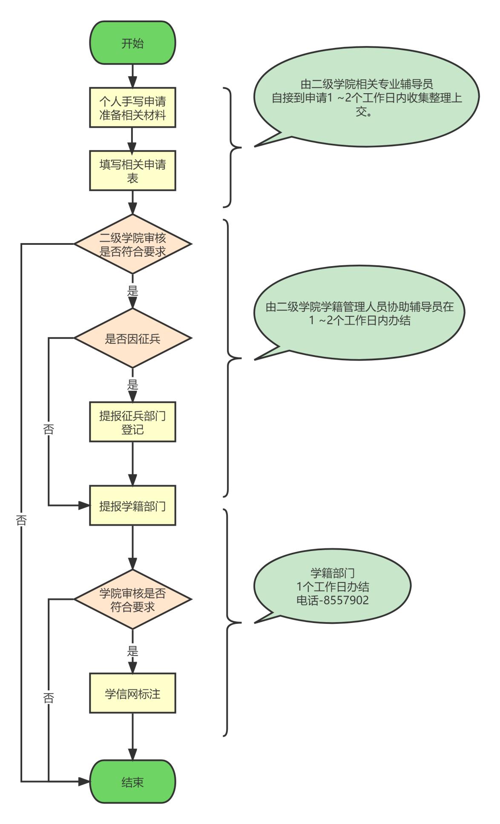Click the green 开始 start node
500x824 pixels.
(132, 43)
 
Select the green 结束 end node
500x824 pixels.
(132, 782)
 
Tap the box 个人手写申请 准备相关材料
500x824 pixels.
(132, 108)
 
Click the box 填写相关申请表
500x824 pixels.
(132, 170)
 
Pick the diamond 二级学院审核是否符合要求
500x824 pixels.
(132, 244)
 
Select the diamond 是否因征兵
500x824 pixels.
(132, 338)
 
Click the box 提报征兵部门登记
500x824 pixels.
(132, 422)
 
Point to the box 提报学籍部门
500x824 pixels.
(132, 505)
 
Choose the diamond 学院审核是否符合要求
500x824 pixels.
(132, 599)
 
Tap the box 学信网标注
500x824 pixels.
(132, 693)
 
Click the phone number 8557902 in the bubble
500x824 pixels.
(345, 600)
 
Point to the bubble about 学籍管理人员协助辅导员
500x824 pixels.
(359, 313)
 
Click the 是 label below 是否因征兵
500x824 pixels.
(132, 385)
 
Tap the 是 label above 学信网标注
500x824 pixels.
(132, 651)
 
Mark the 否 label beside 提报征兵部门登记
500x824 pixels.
(49, 429)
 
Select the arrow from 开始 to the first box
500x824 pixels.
(132, 76)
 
